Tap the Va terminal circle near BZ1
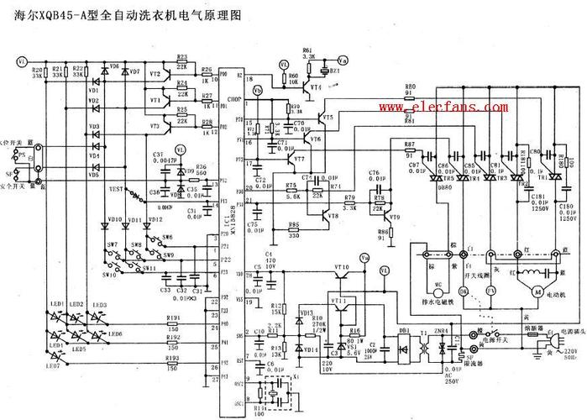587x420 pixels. [341, 61]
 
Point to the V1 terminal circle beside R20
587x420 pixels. [23, 61]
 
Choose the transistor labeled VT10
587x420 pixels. [342, 278]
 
